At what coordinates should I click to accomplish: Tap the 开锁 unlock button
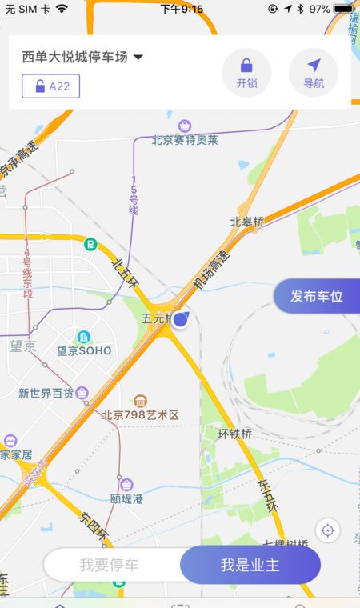[x=246, y=72]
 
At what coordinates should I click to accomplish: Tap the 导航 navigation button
[x=313, y=72]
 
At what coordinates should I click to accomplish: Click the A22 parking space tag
[x=51, y=86]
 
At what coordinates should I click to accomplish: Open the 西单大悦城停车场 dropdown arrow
[x=138, y=58]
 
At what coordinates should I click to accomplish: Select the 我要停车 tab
[x=109, y=565]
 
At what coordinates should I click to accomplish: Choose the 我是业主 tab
[x=250, y=565]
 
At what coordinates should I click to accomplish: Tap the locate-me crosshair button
[x=327, y=530]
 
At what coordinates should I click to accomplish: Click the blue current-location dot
[x=181, y=320]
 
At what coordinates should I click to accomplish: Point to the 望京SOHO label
[x=84, y=350]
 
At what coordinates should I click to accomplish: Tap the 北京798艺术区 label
[x=140, y=414]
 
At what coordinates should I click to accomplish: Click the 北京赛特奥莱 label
[x=185, y=140]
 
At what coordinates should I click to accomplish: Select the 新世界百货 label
[x=46, y=393]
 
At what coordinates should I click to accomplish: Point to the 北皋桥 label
[x=246, y=222]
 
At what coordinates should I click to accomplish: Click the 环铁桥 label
[x=234, y=434]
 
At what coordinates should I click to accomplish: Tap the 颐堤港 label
[x=126, y=498]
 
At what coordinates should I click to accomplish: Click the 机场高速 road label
[x=211, y=272]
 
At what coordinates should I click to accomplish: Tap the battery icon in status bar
[x=343, y=9]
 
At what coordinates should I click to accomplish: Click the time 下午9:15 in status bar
[x=182, y=9]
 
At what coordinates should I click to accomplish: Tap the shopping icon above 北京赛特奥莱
[x=185, y=126]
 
